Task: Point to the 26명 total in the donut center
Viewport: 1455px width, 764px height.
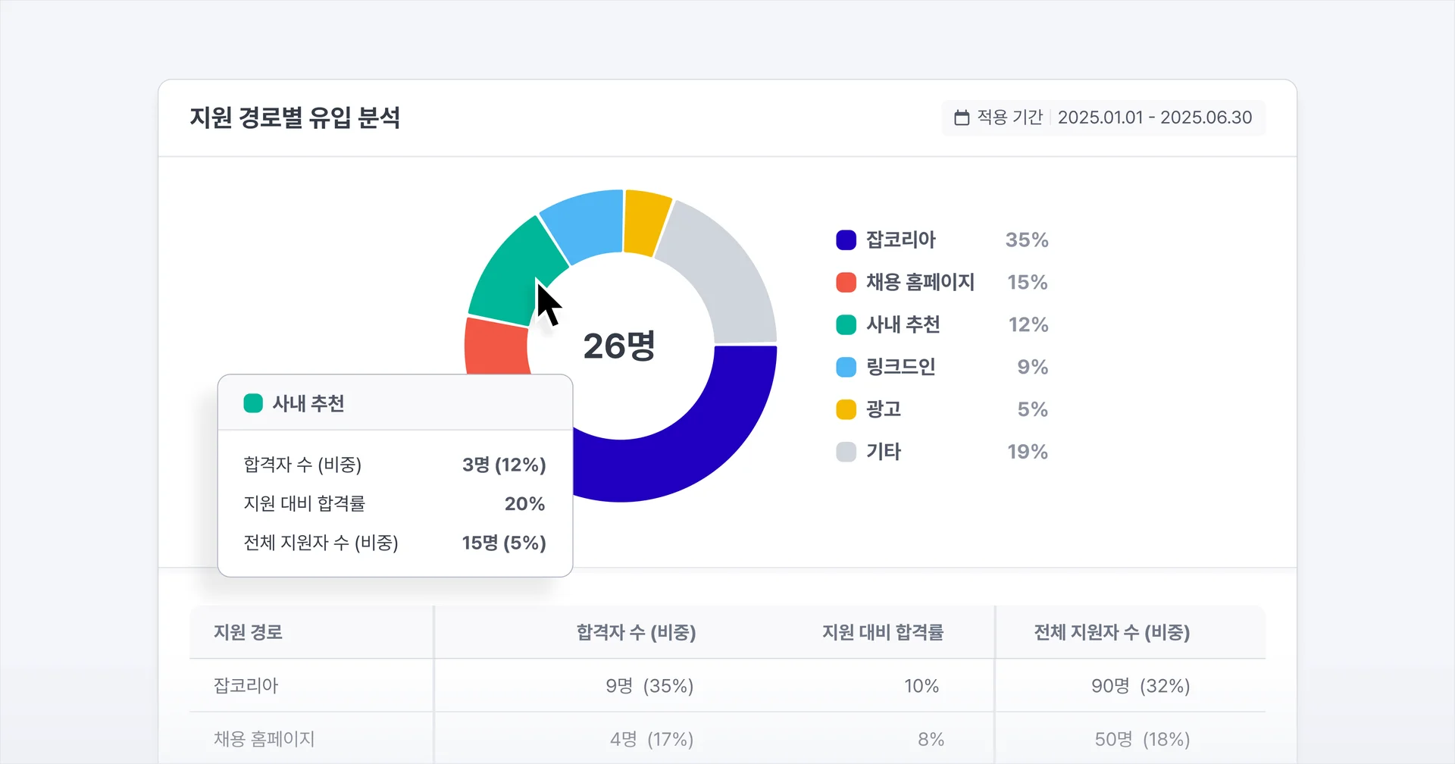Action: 619,346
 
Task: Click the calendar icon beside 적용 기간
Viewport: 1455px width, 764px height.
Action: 962,117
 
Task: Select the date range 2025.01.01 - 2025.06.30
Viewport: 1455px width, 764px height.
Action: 1154,117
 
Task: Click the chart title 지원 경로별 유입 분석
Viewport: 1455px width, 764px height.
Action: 295,117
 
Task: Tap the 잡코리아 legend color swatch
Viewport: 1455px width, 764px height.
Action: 846,240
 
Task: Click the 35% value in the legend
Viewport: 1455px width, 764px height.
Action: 1027,240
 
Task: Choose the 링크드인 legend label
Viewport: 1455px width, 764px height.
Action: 901,367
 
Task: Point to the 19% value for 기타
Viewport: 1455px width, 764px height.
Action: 1028,452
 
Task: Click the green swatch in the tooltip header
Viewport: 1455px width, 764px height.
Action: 253,403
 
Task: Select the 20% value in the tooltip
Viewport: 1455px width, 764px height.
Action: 524,504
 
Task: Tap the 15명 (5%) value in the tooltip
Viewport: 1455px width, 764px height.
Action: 504,543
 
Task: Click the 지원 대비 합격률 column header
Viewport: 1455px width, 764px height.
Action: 883,632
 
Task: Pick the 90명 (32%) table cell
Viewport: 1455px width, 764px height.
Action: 1141,686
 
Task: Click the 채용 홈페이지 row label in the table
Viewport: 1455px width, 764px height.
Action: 264,739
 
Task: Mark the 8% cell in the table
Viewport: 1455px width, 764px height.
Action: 931,739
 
